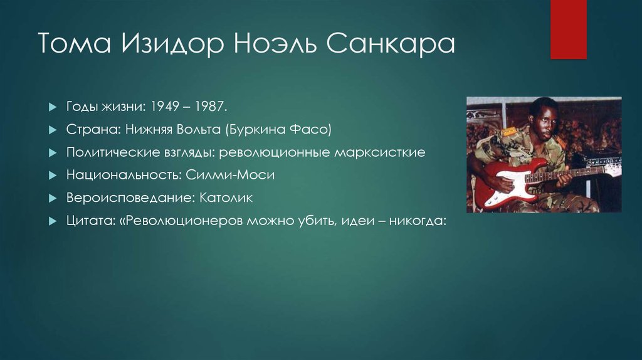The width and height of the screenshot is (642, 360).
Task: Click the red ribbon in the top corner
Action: (x=568, y=29)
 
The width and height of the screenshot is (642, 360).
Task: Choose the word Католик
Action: (x=226, y=198)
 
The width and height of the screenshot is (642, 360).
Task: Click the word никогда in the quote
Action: (x=414, y=221)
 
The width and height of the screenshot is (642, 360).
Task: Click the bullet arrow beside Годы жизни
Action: (x=53, y=107)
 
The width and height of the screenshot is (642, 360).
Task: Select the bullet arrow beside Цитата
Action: (x=53, y=221)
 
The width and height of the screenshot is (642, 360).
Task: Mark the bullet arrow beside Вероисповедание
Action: (x=53, y=198)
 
